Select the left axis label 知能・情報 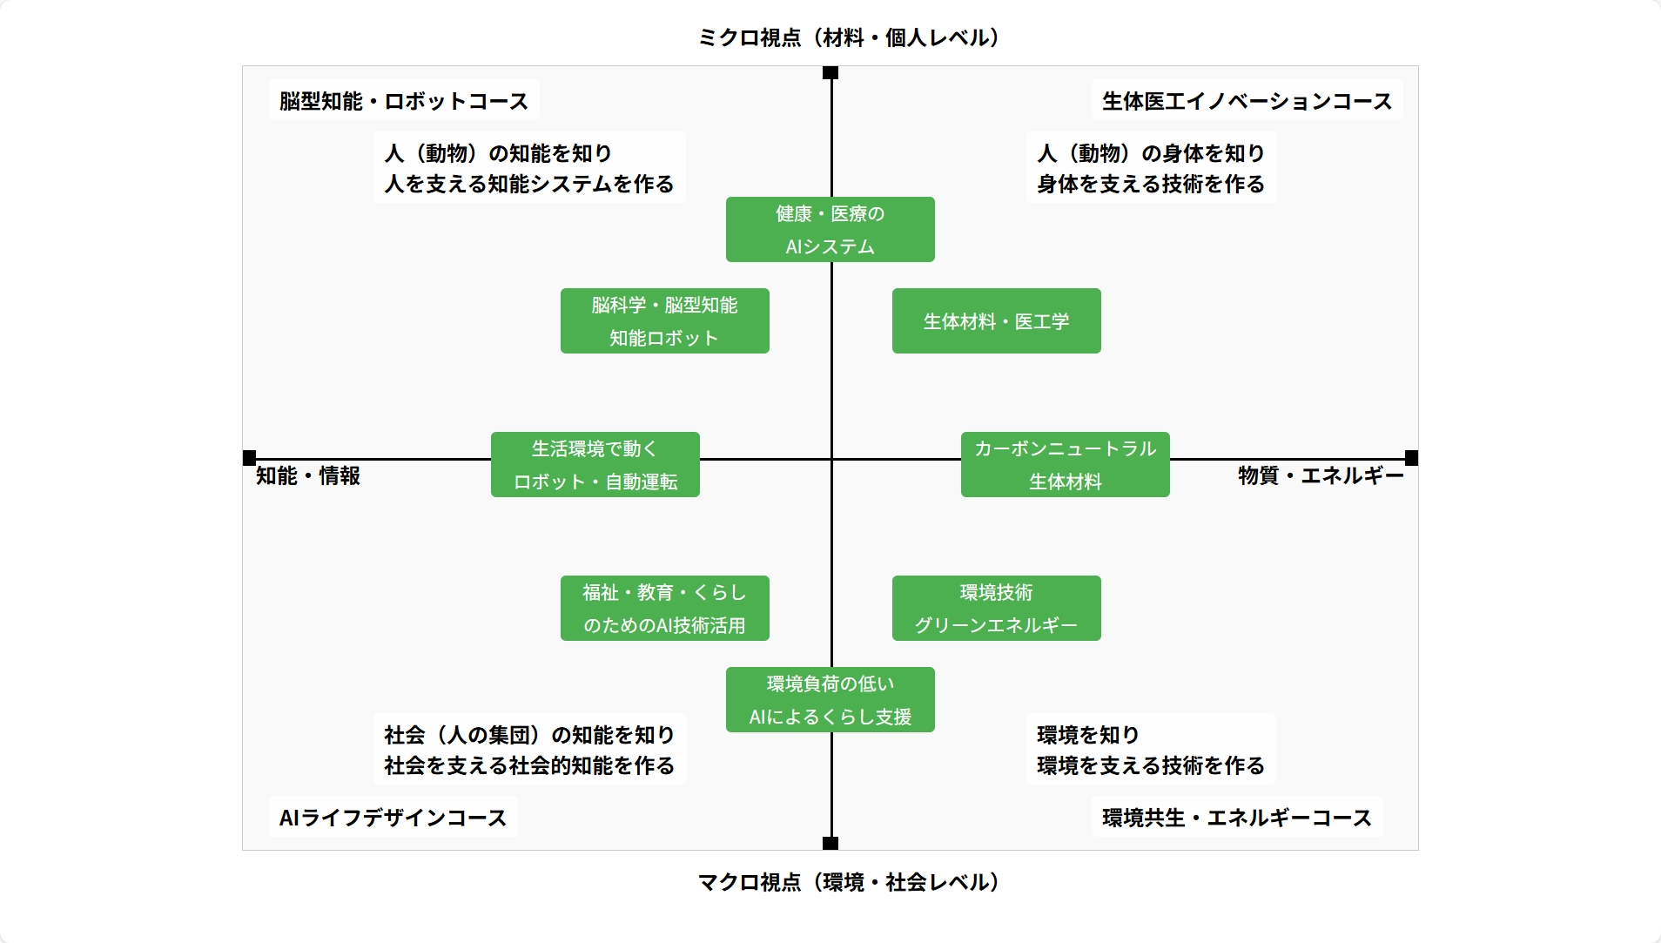(308, 476)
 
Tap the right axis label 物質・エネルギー (1321, 476)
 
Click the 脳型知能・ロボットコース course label (404, 101)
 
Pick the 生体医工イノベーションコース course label (1247, 101)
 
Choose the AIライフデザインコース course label (393, 818)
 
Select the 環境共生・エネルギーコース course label (1236, 818)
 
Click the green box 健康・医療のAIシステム (830, 230)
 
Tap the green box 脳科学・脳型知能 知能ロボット (664, 321)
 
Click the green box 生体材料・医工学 (996, 321)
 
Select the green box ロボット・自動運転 (595, 465)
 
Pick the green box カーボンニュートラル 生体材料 (1065, 465)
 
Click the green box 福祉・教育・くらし (664, 609)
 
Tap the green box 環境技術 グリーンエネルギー (996, 609)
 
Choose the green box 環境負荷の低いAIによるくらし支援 (830, 700)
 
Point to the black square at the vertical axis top (830, 72)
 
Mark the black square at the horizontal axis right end (1411, 458)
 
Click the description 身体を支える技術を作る (1150, 184)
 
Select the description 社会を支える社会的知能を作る (529, 765)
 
